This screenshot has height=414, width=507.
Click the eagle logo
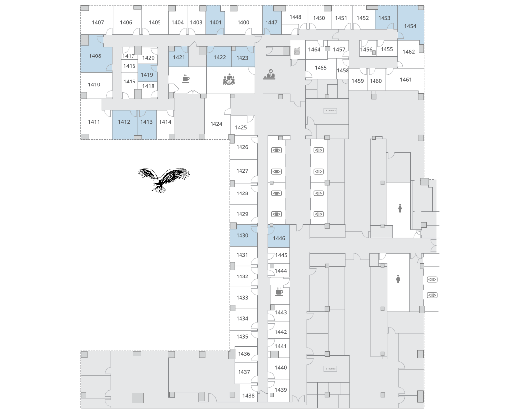pos(164,180)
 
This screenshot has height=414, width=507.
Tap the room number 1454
pos(410,26)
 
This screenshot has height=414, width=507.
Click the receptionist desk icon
pos(269,74)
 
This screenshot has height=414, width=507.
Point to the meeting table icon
pos(229,79)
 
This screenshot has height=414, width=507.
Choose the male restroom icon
pos(400,208)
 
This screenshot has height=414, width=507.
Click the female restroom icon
pos(398,279)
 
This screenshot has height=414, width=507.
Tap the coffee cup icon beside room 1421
pos(186,78)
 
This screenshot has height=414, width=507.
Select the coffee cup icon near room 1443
pos(279,292)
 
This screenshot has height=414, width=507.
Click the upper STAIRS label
pos(330,110)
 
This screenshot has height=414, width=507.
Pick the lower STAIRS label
pos(330,368)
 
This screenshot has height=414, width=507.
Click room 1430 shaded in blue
pos(243,235)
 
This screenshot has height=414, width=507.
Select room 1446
pos(279,236)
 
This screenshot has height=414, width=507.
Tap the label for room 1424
pos(216,124)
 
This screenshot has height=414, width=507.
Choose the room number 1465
pos(320,68)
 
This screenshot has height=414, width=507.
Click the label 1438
pos(248,395)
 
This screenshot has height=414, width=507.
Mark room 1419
pos(147,73)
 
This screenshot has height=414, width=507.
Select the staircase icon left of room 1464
pos(297,51)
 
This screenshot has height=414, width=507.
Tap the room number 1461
pos(406,79)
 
